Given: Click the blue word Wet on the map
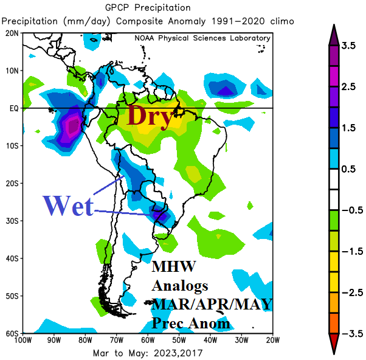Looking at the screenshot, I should point(68,206).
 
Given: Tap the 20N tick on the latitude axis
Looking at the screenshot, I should point(12,33).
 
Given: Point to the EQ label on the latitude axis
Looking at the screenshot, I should point(13,108).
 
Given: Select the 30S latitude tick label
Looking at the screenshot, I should point(12,221).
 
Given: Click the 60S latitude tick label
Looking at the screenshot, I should point(12,334).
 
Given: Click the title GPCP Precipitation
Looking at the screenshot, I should point(148,8).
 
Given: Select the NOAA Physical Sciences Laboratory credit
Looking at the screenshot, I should point(202,38).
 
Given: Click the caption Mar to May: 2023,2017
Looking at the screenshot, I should point(148,353).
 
